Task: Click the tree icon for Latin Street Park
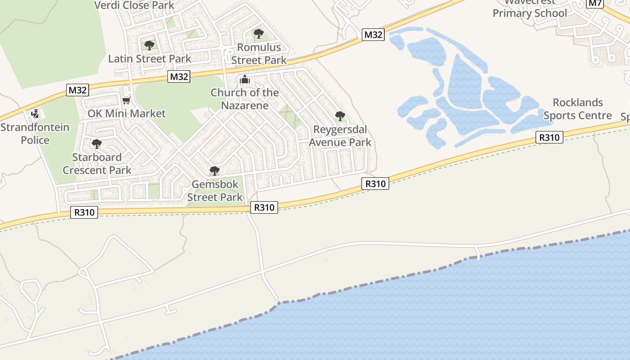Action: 149,45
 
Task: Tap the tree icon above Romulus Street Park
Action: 258,33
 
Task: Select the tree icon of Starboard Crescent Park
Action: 96,144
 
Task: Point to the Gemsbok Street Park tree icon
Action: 215,171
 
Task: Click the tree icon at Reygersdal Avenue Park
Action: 340,116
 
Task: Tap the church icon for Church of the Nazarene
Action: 244,80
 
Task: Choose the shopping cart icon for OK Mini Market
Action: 126,100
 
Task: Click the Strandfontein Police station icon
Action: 35,114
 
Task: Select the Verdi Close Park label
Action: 134,5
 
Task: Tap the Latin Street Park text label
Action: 149,58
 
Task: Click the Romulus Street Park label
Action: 259,54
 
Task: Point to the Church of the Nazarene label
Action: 245,99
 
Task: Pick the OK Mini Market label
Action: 126,114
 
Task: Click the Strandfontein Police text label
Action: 35,134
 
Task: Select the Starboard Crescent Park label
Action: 97,164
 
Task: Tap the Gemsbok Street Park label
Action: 215,191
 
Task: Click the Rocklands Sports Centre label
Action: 578,109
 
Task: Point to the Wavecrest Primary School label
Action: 530,9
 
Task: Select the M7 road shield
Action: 595,3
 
